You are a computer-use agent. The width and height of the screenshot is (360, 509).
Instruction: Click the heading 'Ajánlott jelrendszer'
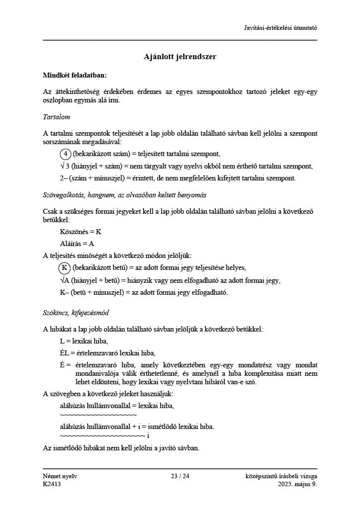coord(180,57)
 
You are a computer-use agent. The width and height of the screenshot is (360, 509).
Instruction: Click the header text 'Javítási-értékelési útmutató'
coord(280,27)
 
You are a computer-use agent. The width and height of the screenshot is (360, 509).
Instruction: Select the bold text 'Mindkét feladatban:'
coord(75,76)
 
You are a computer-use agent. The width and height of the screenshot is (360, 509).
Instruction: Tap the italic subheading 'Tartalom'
coord(56,117)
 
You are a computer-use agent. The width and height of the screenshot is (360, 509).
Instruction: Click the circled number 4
coord(65,154)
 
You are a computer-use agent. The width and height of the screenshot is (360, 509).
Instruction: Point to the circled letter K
coord(65,268)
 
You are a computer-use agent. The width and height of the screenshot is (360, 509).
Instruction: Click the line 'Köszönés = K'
coord(81,232)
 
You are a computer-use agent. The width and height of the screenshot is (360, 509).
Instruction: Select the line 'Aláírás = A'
coord(77,244)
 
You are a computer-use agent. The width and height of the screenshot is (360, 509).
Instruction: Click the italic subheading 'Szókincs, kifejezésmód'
coord(76,313)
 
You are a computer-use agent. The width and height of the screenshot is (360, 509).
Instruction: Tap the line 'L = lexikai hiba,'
coord(84,341)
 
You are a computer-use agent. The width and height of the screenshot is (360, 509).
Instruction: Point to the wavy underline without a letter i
coord(98,415)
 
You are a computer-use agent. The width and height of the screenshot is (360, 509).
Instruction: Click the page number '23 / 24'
coord(180,476)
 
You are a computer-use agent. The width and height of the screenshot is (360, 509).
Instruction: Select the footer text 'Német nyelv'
coord(60,476)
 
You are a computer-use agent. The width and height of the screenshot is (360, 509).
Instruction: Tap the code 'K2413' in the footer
coord(52,484)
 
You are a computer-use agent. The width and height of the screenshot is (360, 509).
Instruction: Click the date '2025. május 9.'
coord(297,484)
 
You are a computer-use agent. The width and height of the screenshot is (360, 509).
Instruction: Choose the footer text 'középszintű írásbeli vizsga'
coord(281,476)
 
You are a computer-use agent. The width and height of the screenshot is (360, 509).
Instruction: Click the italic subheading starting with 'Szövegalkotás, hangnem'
coord(124,195)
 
